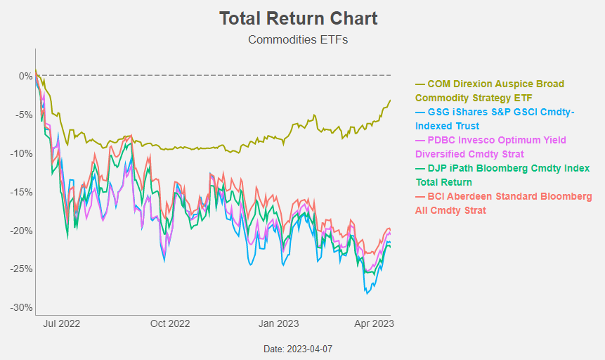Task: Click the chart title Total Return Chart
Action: point(298,18)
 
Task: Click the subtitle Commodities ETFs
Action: point(298,39)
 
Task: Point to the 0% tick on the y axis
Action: point(25,76)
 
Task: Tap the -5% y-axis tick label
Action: point(23,115)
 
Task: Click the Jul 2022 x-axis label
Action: point(60,323)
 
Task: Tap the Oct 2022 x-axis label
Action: point(170,323)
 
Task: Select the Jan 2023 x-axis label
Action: point(278,323)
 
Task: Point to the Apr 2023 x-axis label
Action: point(373,323)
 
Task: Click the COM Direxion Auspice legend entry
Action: point(490,91)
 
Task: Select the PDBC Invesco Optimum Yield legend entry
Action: point(490,147)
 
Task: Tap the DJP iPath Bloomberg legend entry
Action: point(502,175)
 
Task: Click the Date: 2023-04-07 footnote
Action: point(298,349)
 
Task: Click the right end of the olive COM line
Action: point(390,101)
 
